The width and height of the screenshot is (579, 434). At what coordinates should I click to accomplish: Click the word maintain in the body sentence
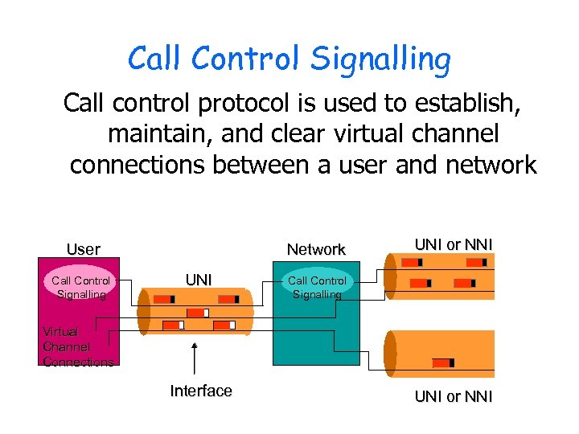click(x=158, y=133)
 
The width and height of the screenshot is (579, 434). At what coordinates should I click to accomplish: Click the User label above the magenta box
click(x=84, y=249)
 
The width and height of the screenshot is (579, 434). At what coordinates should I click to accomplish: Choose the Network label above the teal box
click(x=316, y=249)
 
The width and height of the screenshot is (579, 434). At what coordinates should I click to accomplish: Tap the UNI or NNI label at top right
click(x=454, y=244)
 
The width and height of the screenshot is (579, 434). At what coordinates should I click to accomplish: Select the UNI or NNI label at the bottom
click(x=454, y=396)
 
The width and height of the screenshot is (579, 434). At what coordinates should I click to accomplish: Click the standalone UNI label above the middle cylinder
click(x=199, y=280)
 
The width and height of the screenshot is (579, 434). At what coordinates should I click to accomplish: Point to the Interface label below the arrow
click(x=201, y=391)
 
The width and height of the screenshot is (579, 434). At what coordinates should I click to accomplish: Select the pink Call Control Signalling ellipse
click(x=80, y=287)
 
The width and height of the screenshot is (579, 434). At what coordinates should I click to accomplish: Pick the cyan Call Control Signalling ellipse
click(x=317, y=287)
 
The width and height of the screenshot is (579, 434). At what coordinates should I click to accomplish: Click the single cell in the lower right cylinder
click(x=443, y=362)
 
